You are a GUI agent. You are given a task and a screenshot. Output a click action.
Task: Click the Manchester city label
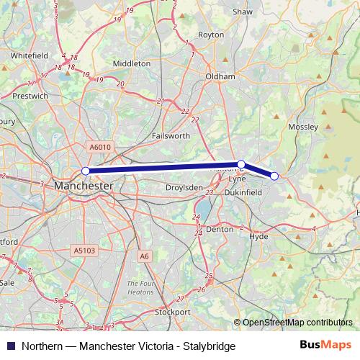[x=84, y=186]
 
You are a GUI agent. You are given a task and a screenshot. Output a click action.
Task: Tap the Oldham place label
[x=220, y=76]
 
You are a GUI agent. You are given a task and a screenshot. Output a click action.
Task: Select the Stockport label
[x=173, y=312]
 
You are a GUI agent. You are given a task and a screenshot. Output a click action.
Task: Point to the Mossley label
[x=302, y=127]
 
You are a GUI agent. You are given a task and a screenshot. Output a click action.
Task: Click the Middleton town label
[x=132, y=63]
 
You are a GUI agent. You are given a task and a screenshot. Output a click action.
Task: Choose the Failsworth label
[x=171, y=135]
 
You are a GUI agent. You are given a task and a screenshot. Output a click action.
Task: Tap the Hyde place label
[x=258, y=236]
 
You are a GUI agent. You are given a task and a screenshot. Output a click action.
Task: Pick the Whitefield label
[x=30, y=55]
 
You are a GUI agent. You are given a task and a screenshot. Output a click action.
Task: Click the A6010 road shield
[x=100, y=147]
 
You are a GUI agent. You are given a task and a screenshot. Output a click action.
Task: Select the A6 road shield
[x=145, y=256]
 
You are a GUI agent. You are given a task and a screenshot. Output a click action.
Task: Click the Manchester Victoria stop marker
[x=86, y=171]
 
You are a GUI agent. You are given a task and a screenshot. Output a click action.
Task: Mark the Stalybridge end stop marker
[x=274, y=176]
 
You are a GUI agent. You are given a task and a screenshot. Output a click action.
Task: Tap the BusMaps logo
[x=325, y=346]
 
